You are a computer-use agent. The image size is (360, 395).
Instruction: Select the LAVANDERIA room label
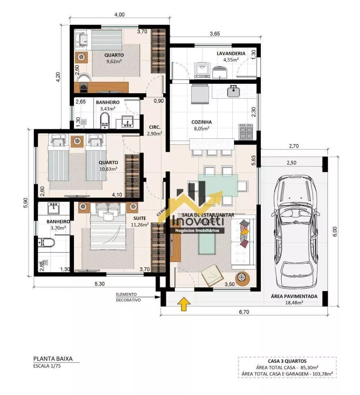click(231, 53)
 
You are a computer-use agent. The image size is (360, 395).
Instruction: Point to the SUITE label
click(139, 218)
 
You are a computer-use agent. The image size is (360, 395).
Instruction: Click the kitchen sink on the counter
click(233, 91)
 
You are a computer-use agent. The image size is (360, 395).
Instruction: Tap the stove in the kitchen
click(246, 131)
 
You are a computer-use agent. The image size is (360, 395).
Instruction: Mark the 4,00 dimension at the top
click(119, 15)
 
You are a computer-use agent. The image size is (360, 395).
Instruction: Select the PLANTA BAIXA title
click(53, 359)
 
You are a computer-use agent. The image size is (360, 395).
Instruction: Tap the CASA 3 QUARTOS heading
click(287, 361)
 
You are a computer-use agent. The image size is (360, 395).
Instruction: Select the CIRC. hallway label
click(154, 127)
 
